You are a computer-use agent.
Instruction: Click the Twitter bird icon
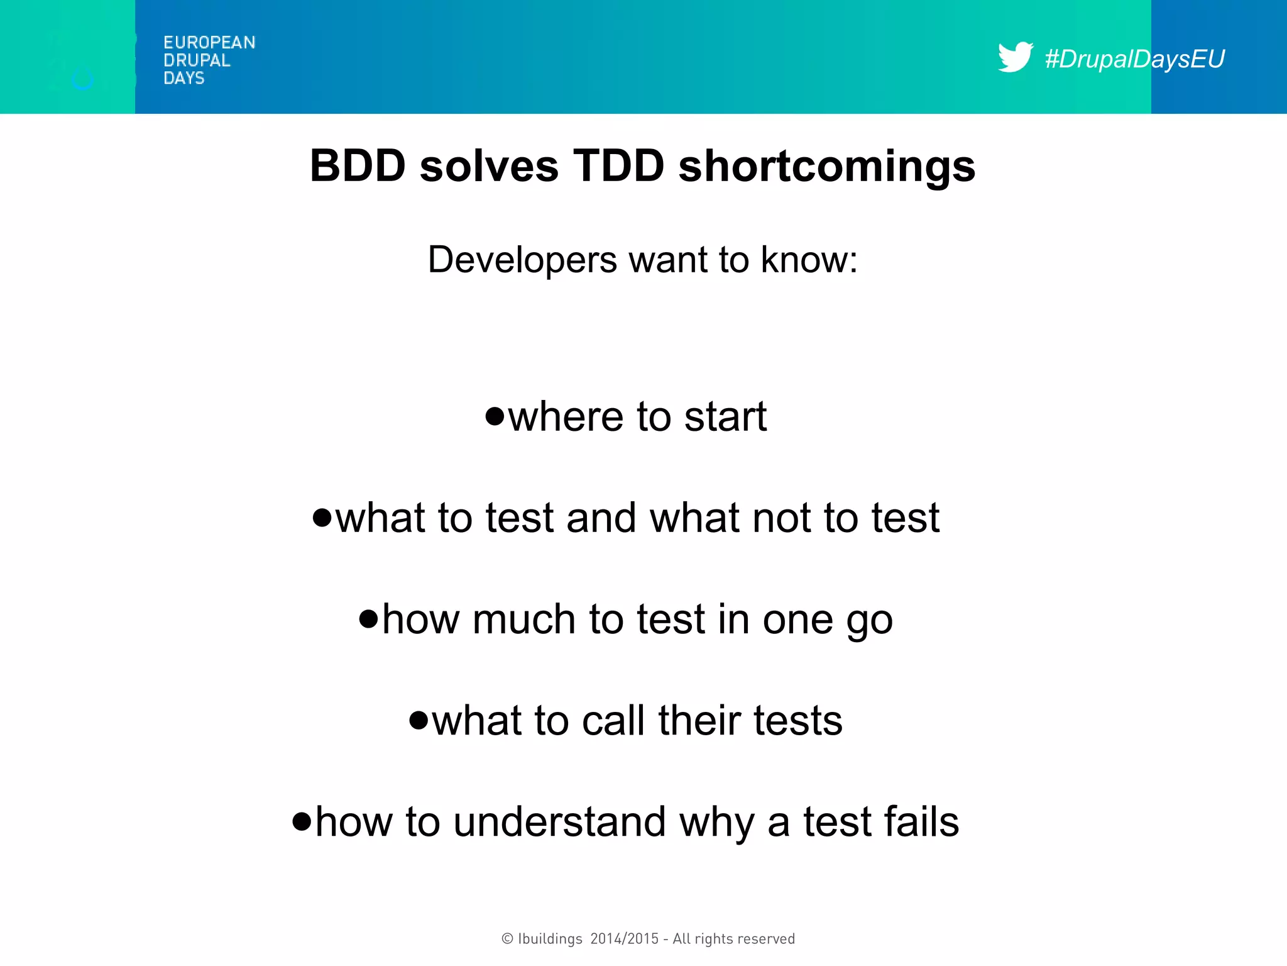tap(1015, 57)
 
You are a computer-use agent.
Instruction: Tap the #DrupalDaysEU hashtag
tap(1134, 59)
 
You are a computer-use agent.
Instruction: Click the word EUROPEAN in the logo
tap(209, 43)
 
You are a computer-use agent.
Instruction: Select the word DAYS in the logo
tap(183, 78)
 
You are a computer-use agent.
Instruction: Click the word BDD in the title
tap(358, 166)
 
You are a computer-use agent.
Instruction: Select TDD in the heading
tap(618, 166)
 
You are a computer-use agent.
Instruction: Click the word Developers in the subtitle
tap(522, 260)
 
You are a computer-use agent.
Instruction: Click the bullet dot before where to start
tap(495, 416)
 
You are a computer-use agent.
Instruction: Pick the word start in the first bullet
tap(725, 416)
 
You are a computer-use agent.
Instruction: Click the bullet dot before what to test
tap(322, 518)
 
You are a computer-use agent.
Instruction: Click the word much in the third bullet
tap(524, 619)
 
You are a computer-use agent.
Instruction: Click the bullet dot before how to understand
tap(302, 821)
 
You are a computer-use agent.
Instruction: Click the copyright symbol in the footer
tap(507, 939)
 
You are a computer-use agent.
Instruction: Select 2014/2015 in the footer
tap(624, 939)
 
